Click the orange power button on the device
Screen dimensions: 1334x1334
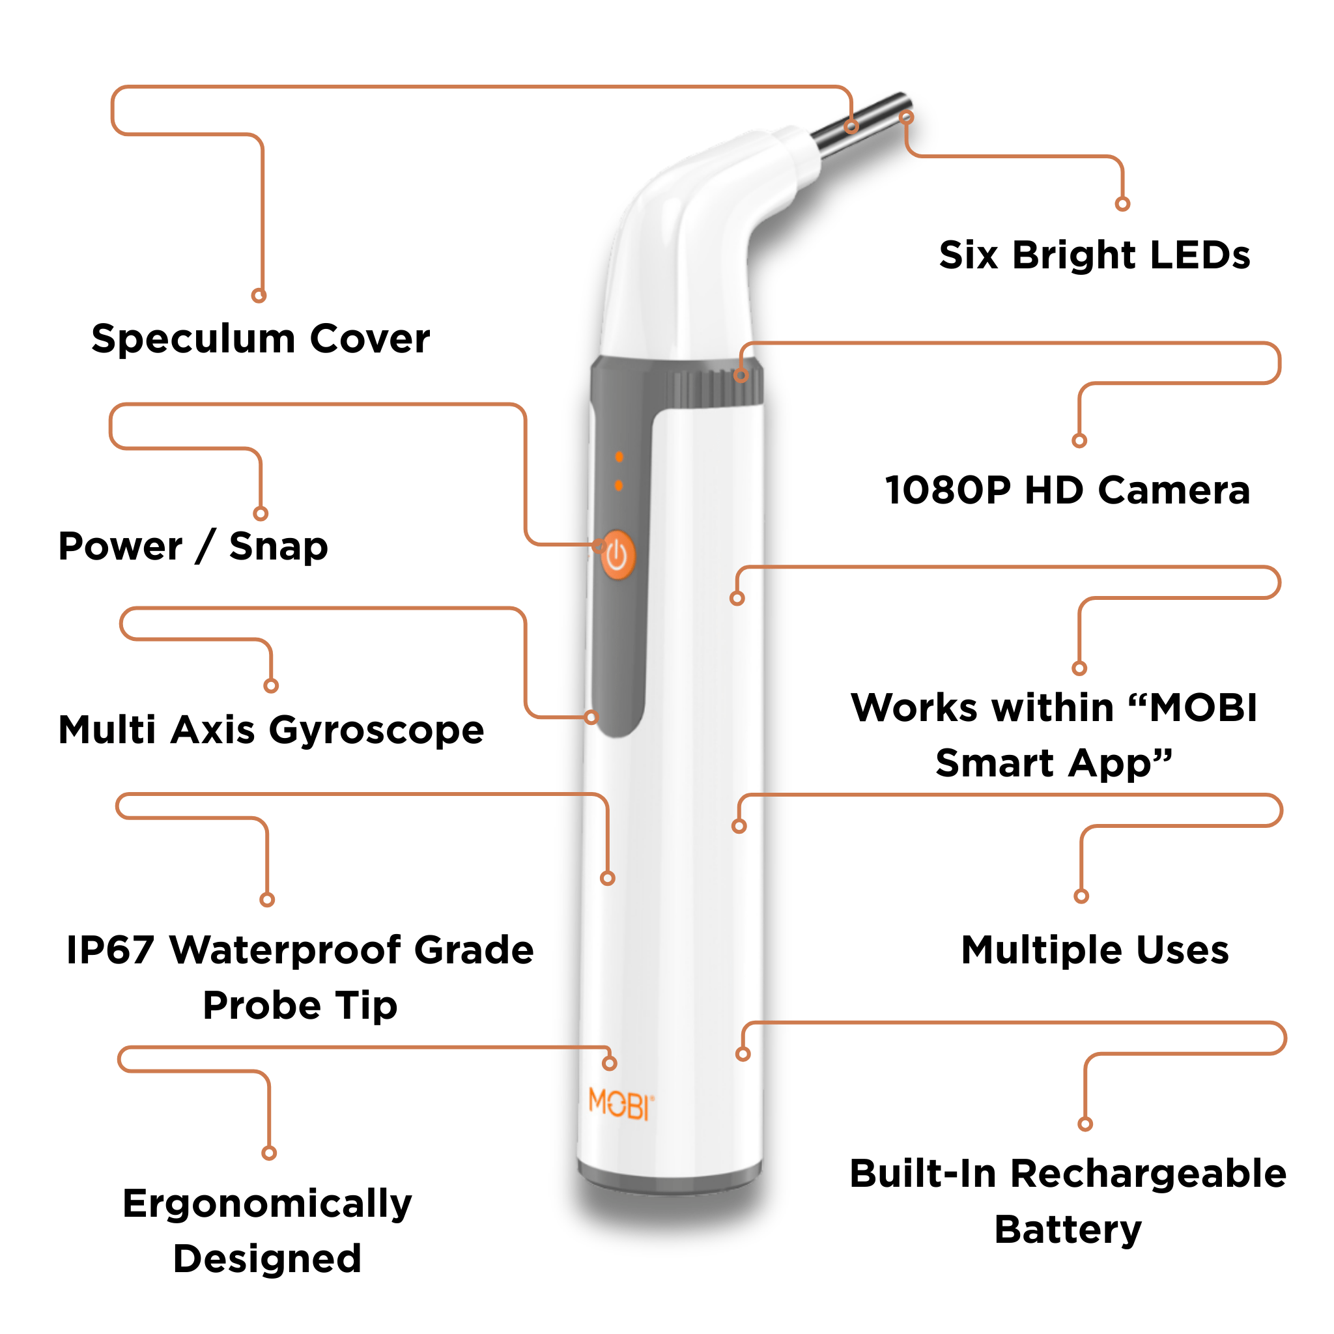(617, 555)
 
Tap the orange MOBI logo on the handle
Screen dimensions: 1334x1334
(620, 1104)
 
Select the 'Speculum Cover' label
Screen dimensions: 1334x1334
(261, 339)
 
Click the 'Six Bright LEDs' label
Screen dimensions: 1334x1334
(1094, 255)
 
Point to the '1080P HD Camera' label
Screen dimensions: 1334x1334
(1068, 490)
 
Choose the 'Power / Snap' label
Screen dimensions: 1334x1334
(193, 546)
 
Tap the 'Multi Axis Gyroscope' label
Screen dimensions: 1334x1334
(272, 730)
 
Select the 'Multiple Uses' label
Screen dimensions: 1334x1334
(1095, 950)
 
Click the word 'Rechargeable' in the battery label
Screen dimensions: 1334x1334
(1148, 1174)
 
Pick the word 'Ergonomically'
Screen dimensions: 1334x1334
(267, 1204)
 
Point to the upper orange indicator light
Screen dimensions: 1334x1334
(619, 457)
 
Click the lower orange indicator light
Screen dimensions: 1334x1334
(619, 485)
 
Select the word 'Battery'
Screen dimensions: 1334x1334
(1068, 1230)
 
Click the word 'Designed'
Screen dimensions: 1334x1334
(267, 1258)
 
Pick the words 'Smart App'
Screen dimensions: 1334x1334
(1054, 763)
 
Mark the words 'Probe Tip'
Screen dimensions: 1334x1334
(300, 1005)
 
